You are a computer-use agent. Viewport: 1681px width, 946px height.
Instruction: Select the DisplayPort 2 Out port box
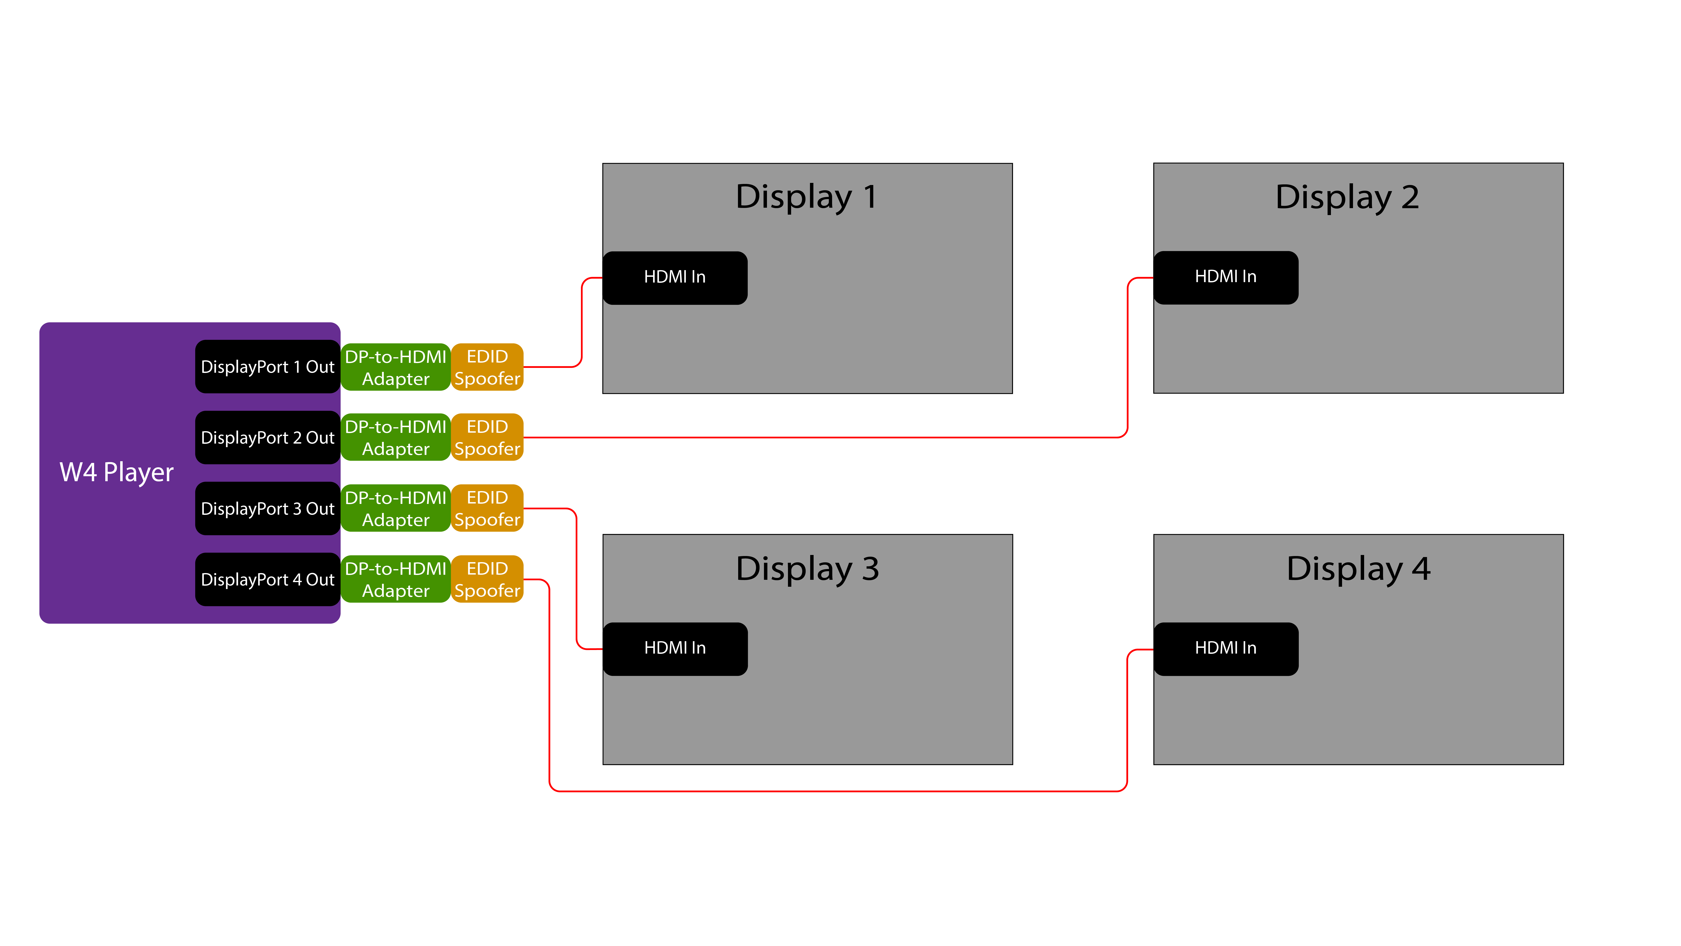[x=267, y=437]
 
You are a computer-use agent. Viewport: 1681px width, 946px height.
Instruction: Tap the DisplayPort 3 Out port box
[x=267, y=509]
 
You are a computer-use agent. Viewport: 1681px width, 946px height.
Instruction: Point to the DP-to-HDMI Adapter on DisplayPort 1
[x=395, y=367]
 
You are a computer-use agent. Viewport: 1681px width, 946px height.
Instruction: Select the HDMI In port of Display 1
[x=675, y=277]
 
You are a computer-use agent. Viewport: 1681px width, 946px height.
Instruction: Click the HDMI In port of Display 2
[x=1225, y=277]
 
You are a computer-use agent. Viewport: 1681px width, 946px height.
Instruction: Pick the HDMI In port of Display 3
[x=675, y=648]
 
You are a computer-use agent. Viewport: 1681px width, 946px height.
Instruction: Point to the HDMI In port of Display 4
[x=1225, y=648]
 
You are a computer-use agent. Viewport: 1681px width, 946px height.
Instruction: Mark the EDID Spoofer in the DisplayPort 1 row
[x=487, y=367]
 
